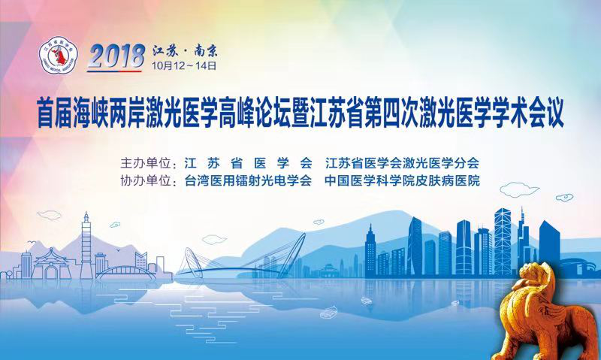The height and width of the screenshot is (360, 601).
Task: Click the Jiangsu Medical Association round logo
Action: click(x=59, y=56)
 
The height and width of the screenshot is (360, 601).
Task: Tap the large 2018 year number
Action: click(x=116, y=56)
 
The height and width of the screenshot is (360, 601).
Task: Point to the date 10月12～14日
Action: click(x=184, y=65)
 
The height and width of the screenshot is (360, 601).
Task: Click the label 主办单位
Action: click(x=146, y=163)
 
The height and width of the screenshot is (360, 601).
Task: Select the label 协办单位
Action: click(x=146, y=180)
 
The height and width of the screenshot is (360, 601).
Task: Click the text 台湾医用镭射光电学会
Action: click(x=248, y=180)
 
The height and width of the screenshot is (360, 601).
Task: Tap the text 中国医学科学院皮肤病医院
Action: click(x=402, y=180)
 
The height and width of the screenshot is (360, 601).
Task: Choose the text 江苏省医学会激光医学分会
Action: click(x=402, y=163)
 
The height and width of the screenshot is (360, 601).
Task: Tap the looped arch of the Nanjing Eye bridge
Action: click(x=192, y=262)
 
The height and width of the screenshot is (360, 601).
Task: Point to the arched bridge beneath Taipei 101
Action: click(x=126, y=272)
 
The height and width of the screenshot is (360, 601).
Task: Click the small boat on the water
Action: click(x=328, y=313)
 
